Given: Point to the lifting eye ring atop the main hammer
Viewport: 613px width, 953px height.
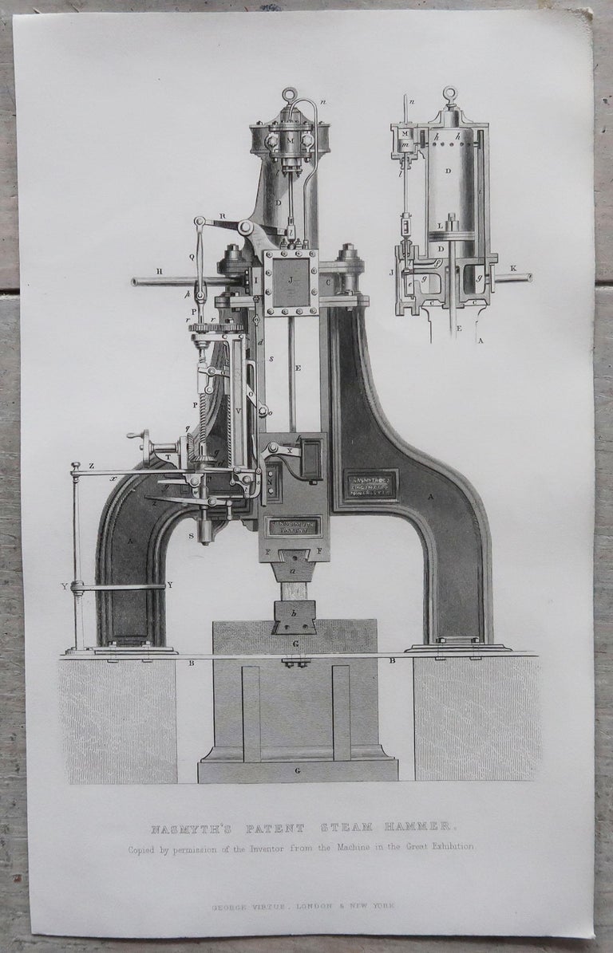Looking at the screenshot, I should click(x=290, y=95).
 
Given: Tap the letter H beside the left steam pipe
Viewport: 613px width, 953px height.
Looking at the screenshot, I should click(x=160, y=272).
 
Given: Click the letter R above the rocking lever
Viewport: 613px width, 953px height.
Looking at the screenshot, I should click(x=223, y=215).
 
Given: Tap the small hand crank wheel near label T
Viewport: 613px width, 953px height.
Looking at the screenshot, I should click(x=144, y=437).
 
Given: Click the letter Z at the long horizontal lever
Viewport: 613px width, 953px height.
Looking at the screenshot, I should click(x=70, y=465).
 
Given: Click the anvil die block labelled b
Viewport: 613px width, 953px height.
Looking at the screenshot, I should click(x=295, y=617).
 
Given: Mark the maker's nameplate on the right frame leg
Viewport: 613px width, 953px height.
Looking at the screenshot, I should click(x=371, y=484).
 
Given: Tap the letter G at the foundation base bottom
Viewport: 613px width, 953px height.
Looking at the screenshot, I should click(x=297, y=772).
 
